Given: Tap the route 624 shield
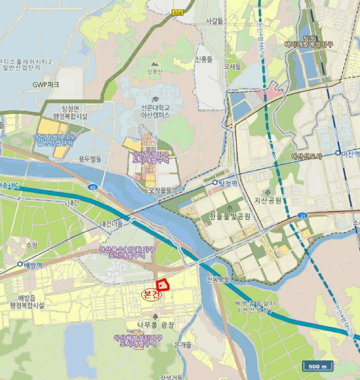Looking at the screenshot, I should point(177,12).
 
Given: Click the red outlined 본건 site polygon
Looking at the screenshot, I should point(163,284).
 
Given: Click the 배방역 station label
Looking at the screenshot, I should point(33,265).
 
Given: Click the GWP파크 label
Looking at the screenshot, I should point(46,85).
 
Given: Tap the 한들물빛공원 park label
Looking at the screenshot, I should point(230,216).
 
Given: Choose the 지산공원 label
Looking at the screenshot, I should point(268,201).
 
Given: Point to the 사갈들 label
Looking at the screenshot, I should point(215,21).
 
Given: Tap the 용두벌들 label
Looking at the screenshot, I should point(90,159).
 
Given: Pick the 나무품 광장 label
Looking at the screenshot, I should point(156,324).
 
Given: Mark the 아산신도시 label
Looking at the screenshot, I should point(307,156).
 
